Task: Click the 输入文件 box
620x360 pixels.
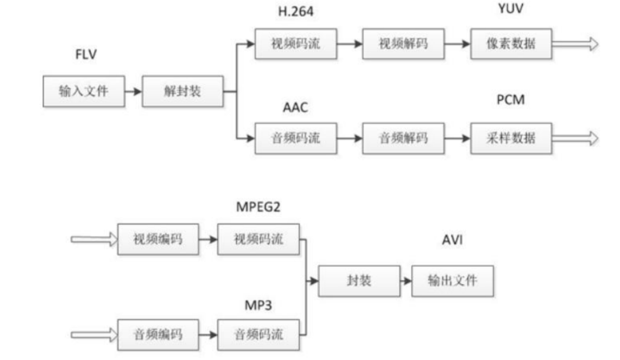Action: [x=84, y=91]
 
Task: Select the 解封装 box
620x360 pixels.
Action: [x=182, y=91]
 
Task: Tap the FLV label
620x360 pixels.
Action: [x=85, y=55]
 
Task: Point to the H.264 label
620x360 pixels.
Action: [x=295, y=12]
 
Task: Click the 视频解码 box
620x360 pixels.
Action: [x=403, y=44]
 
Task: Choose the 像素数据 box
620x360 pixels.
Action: [x=511, y=44]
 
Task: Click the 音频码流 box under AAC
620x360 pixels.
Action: [x=295, y=138]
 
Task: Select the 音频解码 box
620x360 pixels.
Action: [x=403, y=138]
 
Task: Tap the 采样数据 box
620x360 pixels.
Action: [x=511, y=138]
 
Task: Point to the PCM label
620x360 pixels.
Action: [x=510, y=99]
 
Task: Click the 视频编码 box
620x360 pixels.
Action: [x=158, y=239]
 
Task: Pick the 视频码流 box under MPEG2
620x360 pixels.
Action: [x=258, y=239]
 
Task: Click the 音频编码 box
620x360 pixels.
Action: [x=158, y=334]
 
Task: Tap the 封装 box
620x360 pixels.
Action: [x=359, y=281]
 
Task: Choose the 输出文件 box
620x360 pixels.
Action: [x=452, y=281]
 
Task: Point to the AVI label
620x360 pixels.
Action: [x=452, y=240]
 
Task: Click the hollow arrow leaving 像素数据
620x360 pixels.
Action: [x=575, y=44]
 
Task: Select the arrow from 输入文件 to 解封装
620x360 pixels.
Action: [x=133, y=91]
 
